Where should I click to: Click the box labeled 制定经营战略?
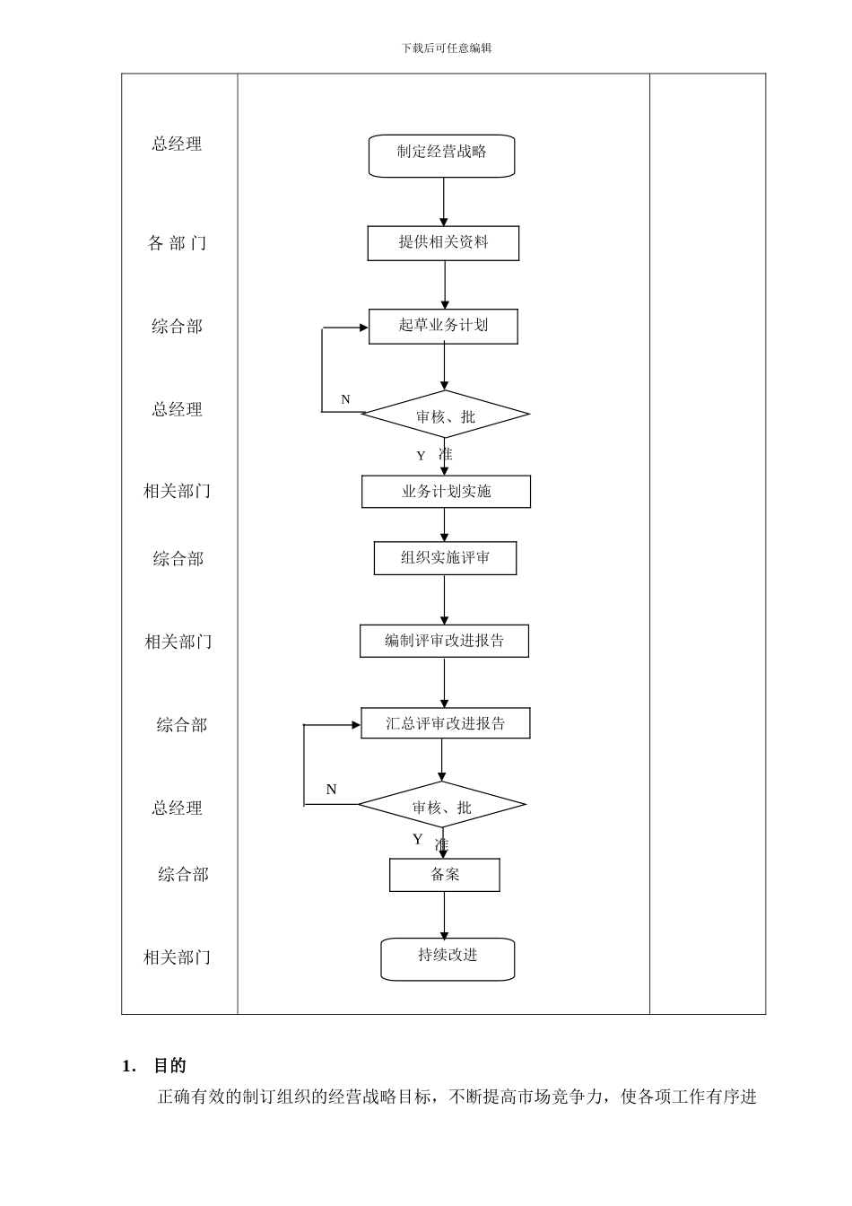click(x=441, y=155)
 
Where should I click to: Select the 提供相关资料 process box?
click(x=443, y=243)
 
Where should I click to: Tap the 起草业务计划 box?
click(x=443, y=327)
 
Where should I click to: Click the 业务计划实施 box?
click(x=446, y=492)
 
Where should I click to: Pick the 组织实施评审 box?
click(x=445, y=558)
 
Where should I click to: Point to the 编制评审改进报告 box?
click(x=444, y=641)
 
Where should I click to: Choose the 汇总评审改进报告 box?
click(x=445, y=723)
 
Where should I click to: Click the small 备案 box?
click(x=444, y=875)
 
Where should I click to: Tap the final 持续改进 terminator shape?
click(x=448, y=958)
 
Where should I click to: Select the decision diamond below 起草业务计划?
click(x=445, y=415)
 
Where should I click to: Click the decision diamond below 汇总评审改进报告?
click(x=441, y=805)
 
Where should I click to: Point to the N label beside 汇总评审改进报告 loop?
click(x=331, y=790)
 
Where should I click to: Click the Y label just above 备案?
click(x=417, y=839)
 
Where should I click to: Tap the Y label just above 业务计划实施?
click(x=421, y=456)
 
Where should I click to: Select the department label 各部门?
click(x=177, y=243)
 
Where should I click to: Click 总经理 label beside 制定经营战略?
click(x=177, y=144)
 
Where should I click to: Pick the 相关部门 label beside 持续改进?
click(x=177, y=957)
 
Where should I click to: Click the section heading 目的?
click(x=170, y=1065)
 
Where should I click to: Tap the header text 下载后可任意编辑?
click(x=447, y=48)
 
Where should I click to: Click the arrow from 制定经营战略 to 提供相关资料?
click(x=443, y=201)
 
